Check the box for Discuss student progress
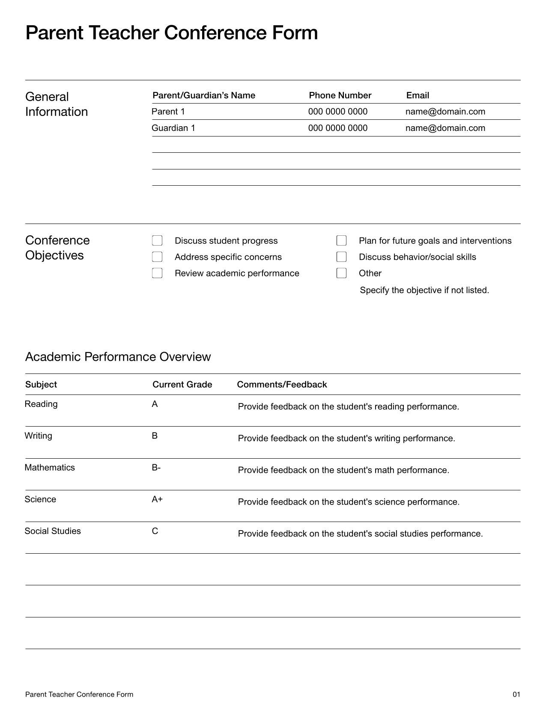157,240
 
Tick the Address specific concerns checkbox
157,257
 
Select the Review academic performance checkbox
157,273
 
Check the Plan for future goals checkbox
341,240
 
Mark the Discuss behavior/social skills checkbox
341,257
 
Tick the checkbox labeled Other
341,273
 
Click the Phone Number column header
340,95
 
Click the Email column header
418,95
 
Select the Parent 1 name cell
168,112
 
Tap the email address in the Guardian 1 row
445,128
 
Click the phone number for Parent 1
337,112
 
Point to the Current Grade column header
182,384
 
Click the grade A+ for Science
157,499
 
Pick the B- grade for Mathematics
156,468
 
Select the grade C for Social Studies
155,531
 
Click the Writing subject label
39,436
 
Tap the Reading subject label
41,404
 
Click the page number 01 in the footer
516,694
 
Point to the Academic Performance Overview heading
118,357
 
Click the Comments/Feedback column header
282,384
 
